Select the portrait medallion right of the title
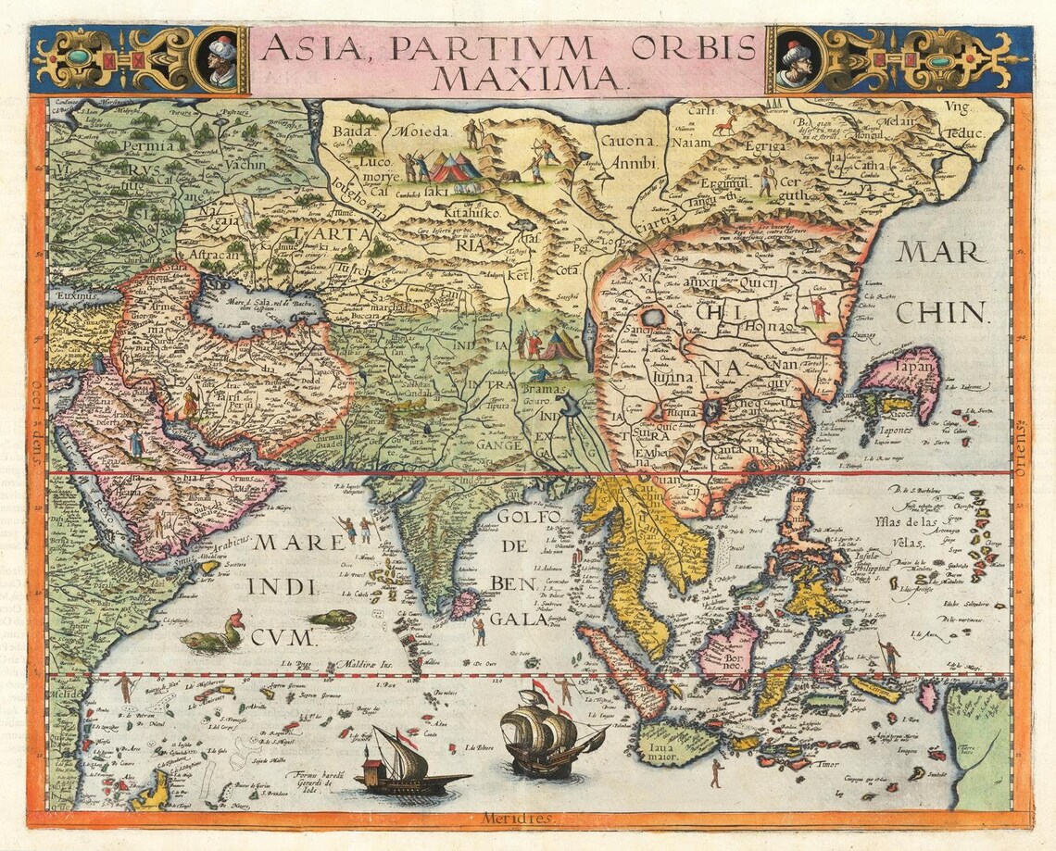(x=794, y=60)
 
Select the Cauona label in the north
(x=627, y=142)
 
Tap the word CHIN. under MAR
(x=941, y=312)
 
